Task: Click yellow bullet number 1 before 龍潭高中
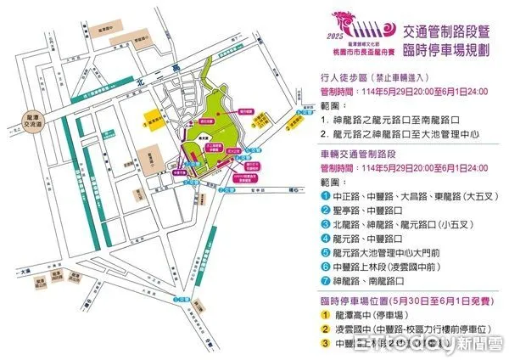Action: tap(327, 314)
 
